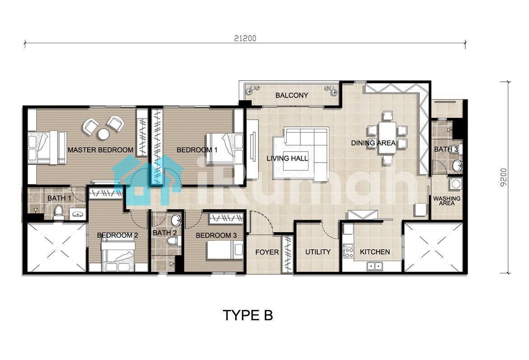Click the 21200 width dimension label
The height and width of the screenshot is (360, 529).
(245, 38)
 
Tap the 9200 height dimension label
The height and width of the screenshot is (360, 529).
(503, 178)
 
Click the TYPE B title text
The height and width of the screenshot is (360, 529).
(248, 315)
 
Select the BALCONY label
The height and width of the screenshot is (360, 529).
(292, 95)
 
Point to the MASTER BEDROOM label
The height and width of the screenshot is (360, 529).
(101, 150)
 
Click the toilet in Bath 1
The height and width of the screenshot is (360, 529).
(59, 212)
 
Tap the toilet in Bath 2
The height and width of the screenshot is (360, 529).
(173, 240)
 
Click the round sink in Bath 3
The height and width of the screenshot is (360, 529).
(458, 165)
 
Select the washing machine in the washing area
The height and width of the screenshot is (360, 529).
(455, 184)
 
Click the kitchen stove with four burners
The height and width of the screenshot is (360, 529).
(348, 251)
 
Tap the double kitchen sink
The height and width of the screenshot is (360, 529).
(374, 266)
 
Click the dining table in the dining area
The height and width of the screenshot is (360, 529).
(387, 137)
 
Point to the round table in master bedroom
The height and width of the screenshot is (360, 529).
(103, 134)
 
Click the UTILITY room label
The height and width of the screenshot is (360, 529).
(318, 252)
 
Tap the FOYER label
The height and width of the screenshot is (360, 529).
(267, 252)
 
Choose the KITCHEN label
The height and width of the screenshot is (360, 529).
(375, 252)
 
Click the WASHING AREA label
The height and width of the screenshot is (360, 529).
(447, 201)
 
